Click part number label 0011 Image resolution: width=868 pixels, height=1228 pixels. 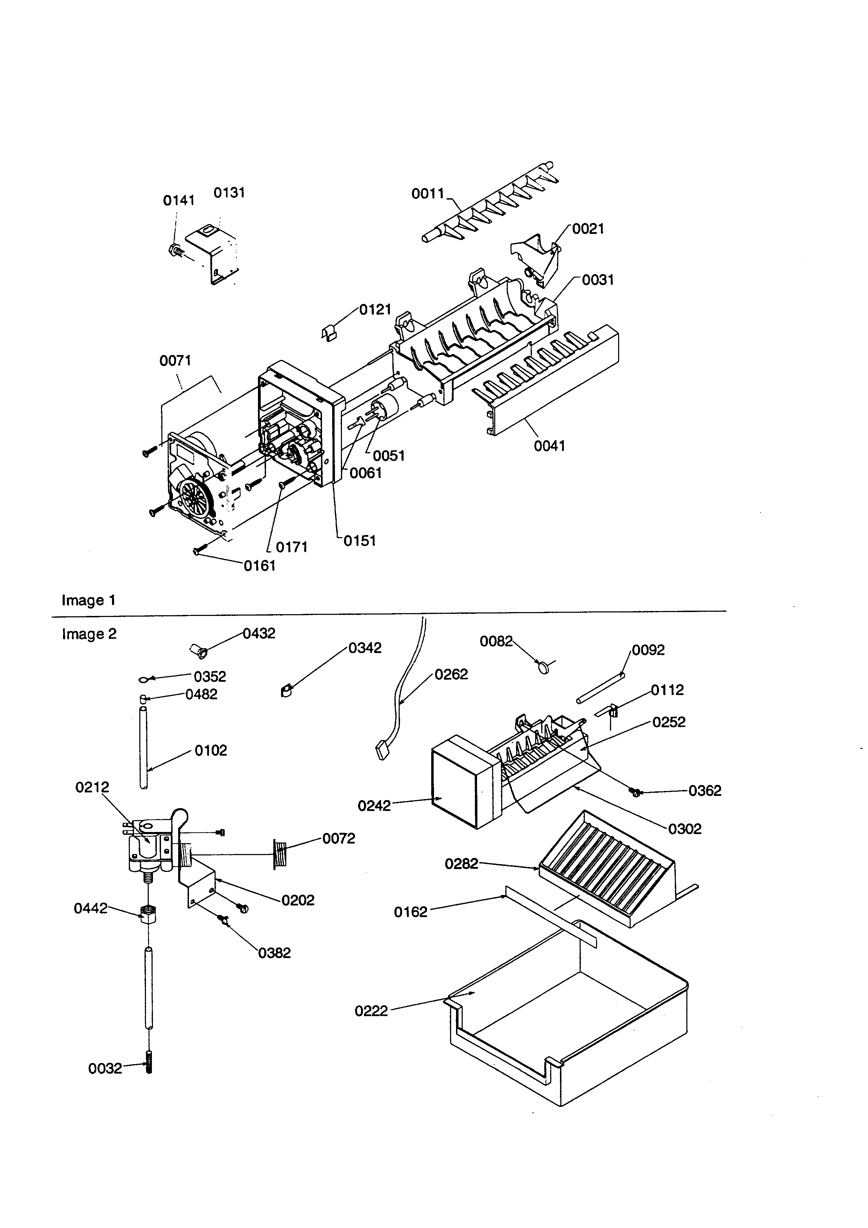[x=428, y=194]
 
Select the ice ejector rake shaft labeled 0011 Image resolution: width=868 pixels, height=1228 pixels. [x=492, y=203]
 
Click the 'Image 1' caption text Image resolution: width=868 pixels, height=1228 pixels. [x=88, y=600]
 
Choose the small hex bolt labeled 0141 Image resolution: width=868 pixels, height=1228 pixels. [x=175, y=250]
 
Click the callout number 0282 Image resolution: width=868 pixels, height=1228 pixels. [x=461, y=864]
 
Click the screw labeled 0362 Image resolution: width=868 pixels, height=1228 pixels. [x=635, y=791]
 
